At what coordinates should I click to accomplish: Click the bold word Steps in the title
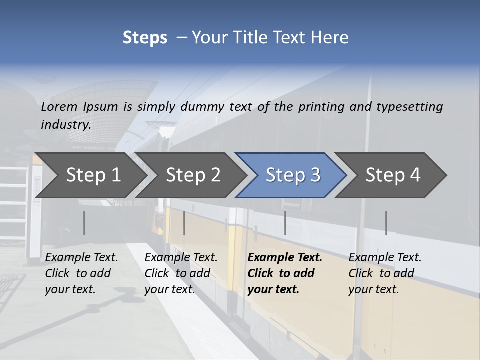(145, 38)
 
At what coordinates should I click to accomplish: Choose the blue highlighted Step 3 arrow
(292, 175)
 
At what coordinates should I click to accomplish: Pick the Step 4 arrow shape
(393, 175)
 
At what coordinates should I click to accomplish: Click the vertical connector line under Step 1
(84, 223)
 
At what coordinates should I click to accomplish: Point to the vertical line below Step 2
(184, 223)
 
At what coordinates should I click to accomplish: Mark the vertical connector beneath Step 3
(285, 223)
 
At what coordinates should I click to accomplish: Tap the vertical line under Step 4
(386, 223)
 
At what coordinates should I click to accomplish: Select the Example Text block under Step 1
(81, 273)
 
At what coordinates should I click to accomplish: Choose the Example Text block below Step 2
(181, 273)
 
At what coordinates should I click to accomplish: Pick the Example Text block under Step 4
(385, 273)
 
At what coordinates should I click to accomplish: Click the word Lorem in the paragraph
(59, 107)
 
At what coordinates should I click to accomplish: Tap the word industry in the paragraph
(65, 125)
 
